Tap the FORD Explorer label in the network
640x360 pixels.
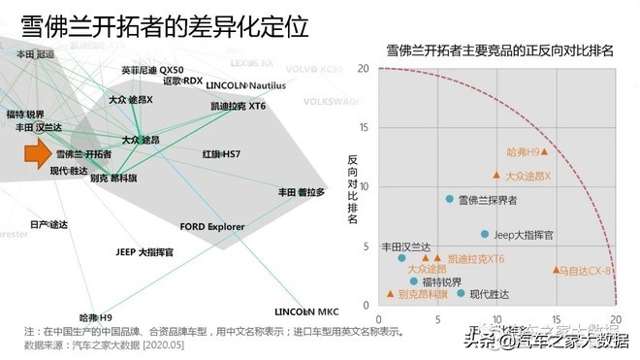pyautogui.click(x=218, y=227)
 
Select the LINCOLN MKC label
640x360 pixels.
pyautogui.click(x=306, y=312)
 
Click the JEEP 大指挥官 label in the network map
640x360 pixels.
pyautogui.click(x=144, y=252)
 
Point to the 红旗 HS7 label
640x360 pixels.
pyautogui.click(x=221, y=154)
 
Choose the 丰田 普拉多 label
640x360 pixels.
pyautogui.click(x=301, y=192)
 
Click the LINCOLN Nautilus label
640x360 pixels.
pyautogui.click(x=246, y=85)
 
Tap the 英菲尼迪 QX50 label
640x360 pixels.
pyautogui.click(x=153, y=71)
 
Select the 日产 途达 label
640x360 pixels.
pyautogui.click(x=49, y=225)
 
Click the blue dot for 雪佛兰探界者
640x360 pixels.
pyautogui.click(x=449, y=199)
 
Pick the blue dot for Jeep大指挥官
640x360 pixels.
pyautogui.click(x=485, y=234)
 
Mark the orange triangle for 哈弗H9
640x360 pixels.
pyautogui.click(x=545, y=151)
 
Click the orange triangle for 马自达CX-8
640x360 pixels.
pyautogui.click(x=557, y=270)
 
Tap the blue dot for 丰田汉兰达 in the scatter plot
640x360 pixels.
pyautogui.click(x=401, y=258)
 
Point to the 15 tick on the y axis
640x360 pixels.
pyautogui.click(x=365, y=127)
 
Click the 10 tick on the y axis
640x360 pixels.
pyautogui.click(x=365, y=186)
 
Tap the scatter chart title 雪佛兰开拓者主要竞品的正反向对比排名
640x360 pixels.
pyautogui.click(x=499, y=49)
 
